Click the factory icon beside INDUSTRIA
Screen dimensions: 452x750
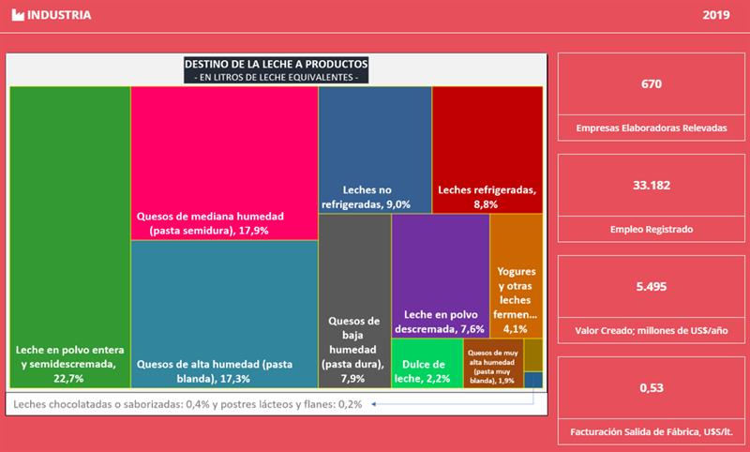coord(18,16)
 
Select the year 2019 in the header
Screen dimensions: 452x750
coord(715,16)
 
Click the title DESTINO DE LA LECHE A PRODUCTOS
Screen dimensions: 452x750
coord(276,64)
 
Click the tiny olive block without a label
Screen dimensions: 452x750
coord(532,354)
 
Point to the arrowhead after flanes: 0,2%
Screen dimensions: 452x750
coord(373,404)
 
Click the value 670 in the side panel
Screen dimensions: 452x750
coord(652,84)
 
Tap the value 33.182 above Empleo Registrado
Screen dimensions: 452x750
coord(652,186)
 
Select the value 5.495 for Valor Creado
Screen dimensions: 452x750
coord(652,287)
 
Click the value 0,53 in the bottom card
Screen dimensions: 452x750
coord(652,388)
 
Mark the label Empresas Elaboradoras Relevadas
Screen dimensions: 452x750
coord(652,128)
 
